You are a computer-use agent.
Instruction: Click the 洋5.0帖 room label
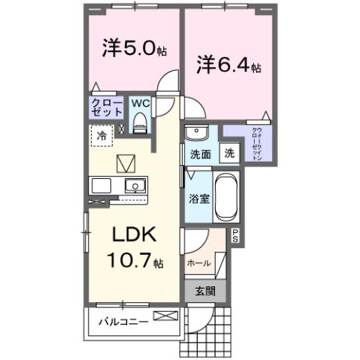click(x=134, y=48)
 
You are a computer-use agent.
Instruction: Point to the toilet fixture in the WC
click(x=140, y=122)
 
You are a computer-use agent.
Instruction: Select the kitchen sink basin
click(x=136, y=186)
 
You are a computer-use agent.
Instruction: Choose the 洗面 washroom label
click(x=199, y=155)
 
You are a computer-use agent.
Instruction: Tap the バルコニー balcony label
click(x=123, y=324)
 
